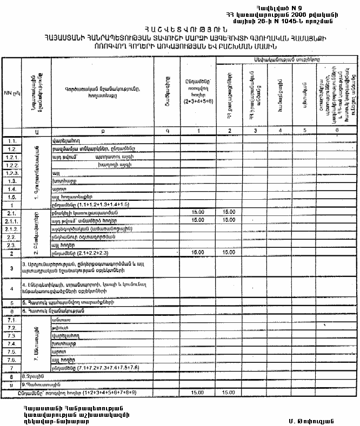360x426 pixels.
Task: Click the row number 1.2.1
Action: (11, 155)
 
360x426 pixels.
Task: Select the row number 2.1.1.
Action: (11, 220)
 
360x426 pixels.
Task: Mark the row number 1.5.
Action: (11, 197)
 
